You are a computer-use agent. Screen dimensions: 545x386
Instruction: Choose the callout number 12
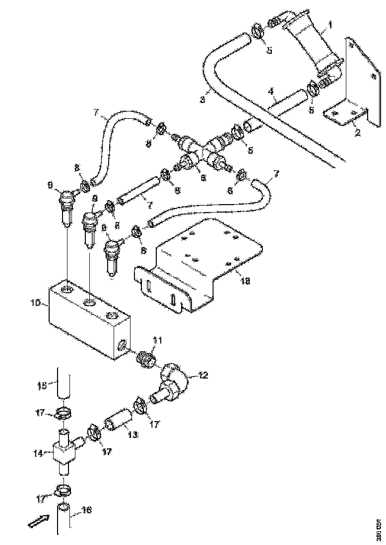204,376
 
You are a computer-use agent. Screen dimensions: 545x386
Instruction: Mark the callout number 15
43,385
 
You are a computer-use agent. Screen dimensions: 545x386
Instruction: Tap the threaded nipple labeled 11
146,357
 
